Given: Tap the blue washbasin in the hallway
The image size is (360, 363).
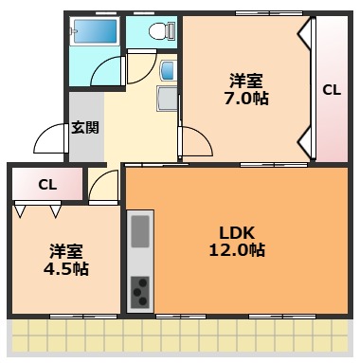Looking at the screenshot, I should pyautogui.click(x=167, y=70).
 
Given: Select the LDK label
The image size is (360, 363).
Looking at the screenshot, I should pyautogui.click(x=237, y=232).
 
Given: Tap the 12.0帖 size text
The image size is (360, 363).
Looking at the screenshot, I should pyautogui.click(x=237, y=251).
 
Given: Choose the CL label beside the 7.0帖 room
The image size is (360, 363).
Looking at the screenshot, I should pyautogui.click(x=332, y=91).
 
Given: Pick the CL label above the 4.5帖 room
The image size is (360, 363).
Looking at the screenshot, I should pyautogui.click(x=46, y=185).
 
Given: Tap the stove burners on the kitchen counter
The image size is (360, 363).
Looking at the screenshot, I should pyautogui.click(x=140, y=290).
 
